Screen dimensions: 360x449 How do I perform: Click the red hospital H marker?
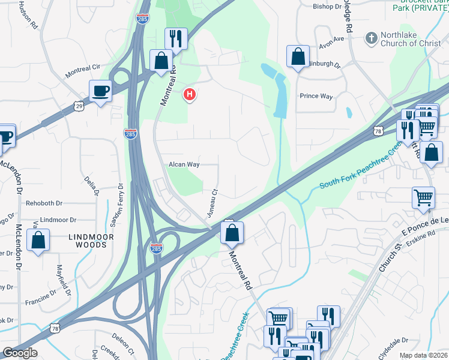click(x=190, y=94)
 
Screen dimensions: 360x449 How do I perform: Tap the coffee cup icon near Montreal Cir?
click(x=100, y=91)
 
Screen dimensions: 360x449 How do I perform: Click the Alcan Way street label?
click(x=184, y=164)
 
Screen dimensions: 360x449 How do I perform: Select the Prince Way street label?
click(x=316, y=96)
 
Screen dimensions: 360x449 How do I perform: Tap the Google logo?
click(x=20, y=353)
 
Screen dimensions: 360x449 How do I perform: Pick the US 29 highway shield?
click(x=80, y=106)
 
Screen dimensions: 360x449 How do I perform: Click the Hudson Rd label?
click(x=28, y=18)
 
